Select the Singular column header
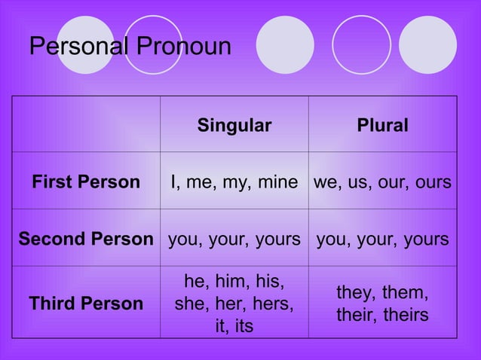234,126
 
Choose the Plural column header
383,126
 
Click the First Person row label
85,182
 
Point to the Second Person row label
85,239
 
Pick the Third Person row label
85,304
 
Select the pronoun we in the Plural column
326,183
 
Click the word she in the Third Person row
189,305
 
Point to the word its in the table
244,326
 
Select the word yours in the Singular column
277,240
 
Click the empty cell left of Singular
85,125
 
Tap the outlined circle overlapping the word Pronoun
153,45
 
